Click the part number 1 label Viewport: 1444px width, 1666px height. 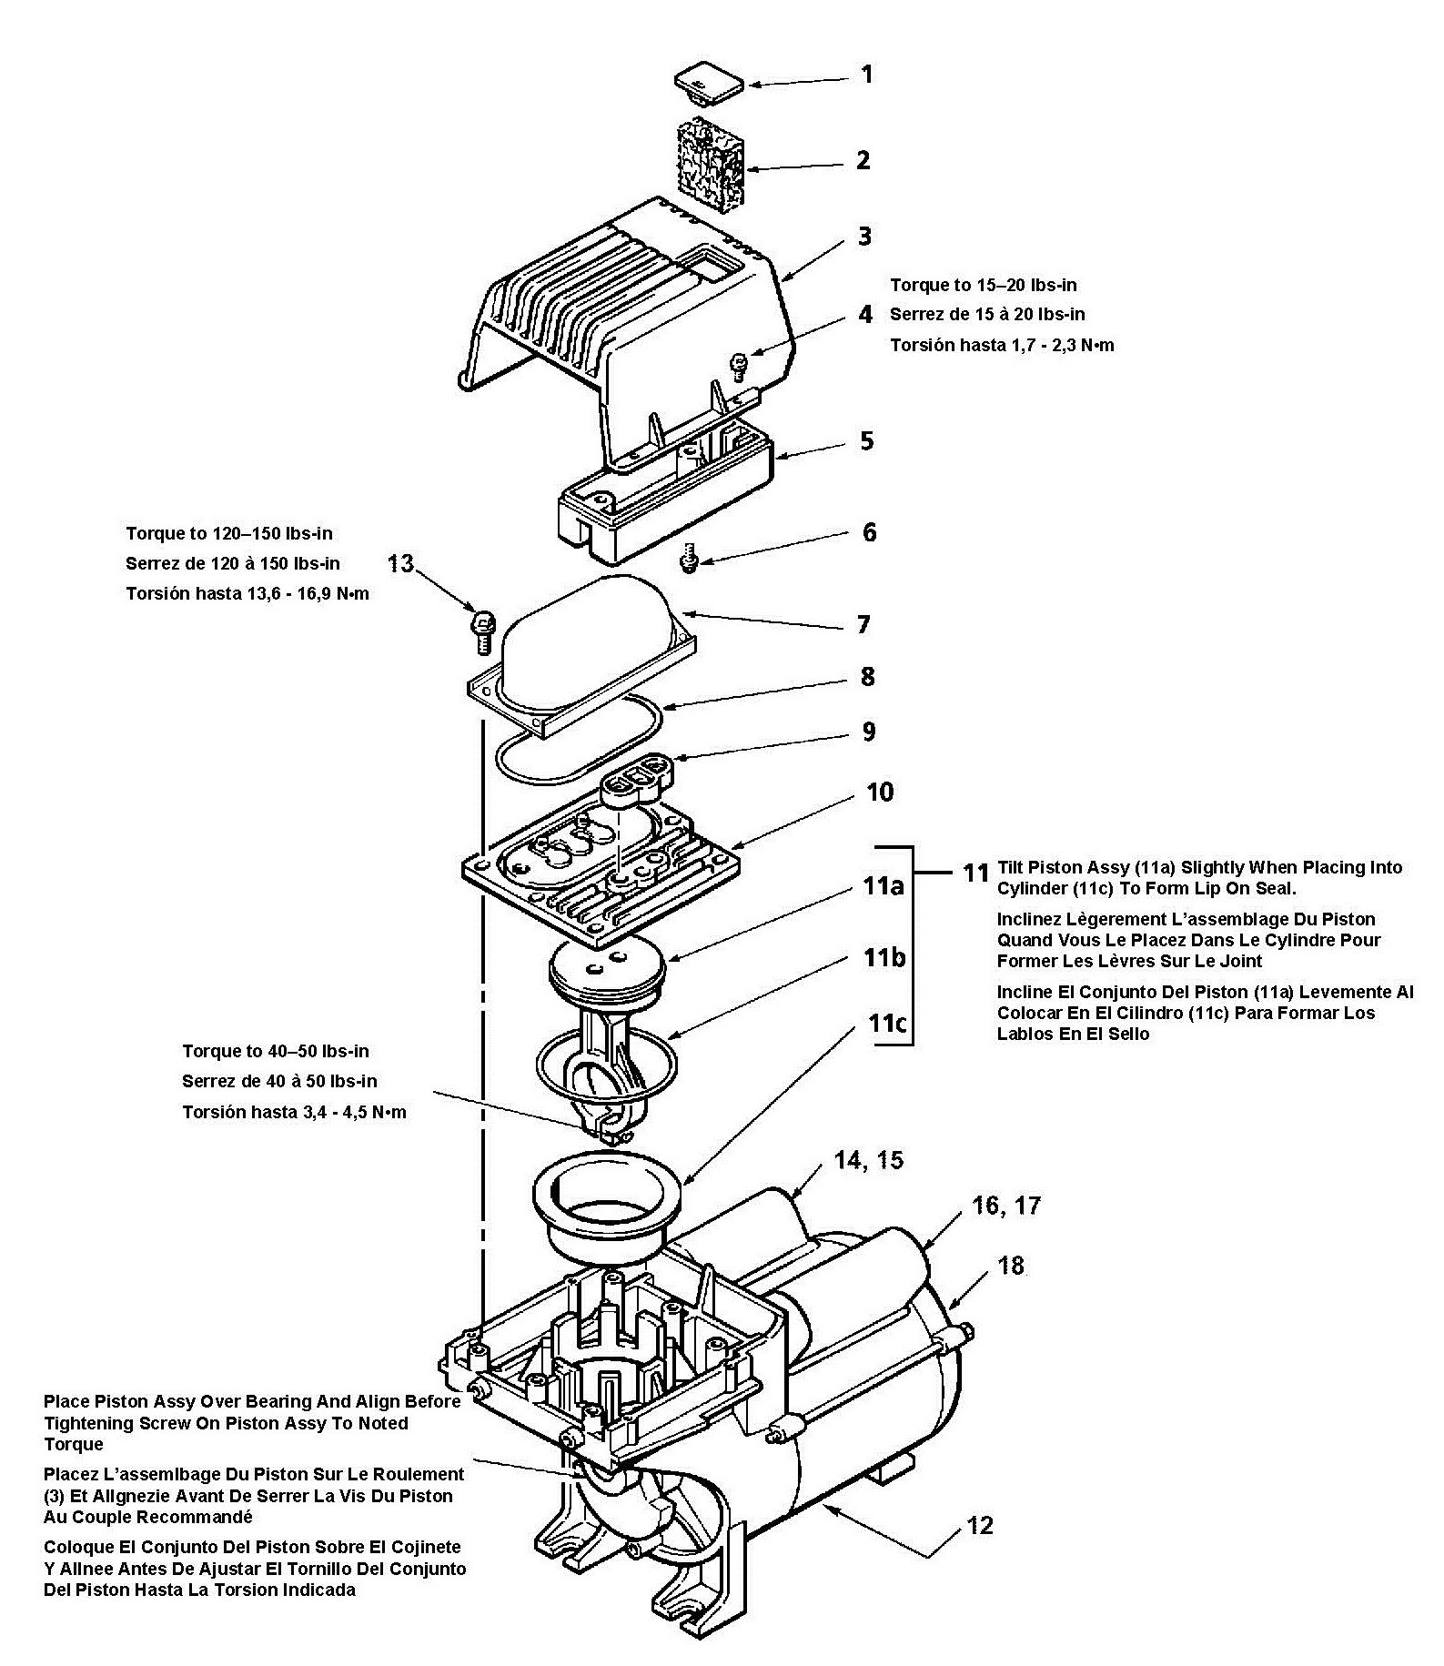[867, 74]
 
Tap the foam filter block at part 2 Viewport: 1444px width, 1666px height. [711, 167]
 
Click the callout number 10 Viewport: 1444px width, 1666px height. [880, 792]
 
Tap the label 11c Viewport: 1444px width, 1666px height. [886, 1023]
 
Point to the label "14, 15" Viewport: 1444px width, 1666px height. [870, 1160]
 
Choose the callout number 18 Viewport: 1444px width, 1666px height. [1011, 1266]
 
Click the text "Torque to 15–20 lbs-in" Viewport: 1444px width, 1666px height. [984, 285]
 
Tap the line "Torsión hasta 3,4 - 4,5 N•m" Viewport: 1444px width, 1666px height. [294, 1112]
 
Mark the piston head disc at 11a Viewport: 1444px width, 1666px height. [608, 967]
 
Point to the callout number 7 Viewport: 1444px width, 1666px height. [863, 624]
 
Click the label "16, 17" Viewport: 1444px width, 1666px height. [1005, 1206]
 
